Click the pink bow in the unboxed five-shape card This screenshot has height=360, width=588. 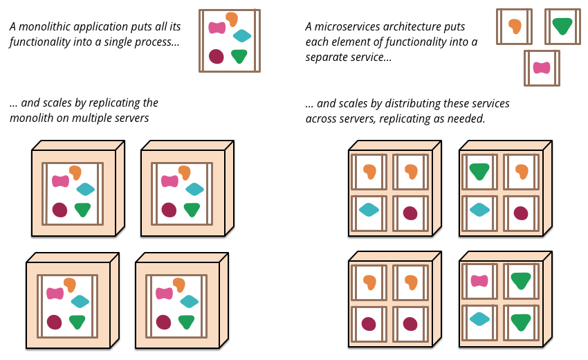[217, 28]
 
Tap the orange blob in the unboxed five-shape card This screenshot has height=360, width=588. [232, 19]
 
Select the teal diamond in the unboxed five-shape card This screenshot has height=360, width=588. [242, 36]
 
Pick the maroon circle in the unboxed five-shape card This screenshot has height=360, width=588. [217, 56]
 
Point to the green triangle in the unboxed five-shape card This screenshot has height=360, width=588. [239, 56]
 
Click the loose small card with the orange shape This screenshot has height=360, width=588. [514, 26]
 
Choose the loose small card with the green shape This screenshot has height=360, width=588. [562, 26]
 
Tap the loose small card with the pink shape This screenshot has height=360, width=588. [542, 68]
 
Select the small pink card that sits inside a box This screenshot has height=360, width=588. [479, 281]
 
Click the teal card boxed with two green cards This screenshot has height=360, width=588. [479, 319]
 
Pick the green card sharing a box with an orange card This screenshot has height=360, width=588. [479, 172]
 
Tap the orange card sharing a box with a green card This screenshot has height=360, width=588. [521, 172]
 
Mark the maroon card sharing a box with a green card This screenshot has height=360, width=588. [521, 213]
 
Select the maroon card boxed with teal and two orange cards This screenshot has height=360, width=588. [410, 213]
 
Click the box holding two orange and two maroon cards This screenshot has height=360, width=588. [391, 303]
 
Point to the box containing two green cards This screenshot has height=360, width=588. [502, 303]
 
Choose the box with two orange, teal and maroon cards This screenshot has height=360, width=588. [391, 192]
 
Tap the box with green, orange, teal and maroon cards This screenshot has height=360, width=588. [502, 192]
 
